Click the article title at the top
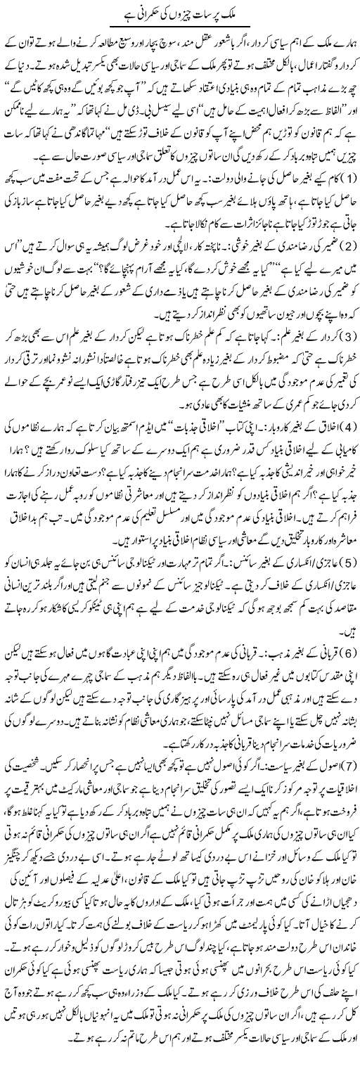pos(180,14)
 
